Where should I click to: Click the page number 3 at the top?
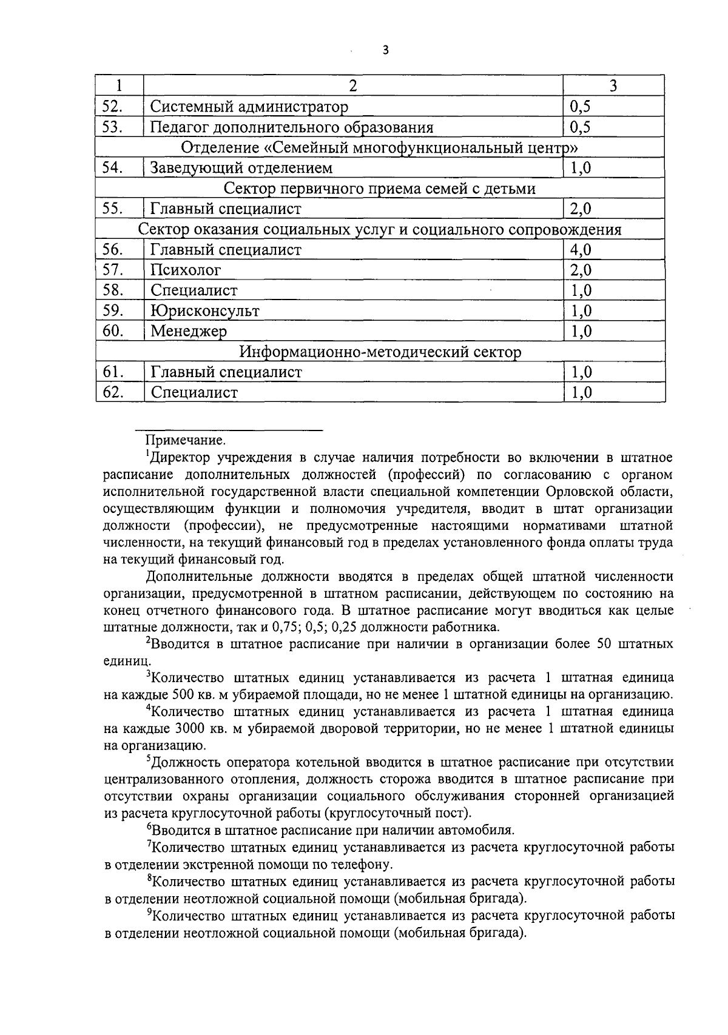(x=385, y=51)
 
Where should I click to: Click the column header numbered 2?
(x=353, y=85)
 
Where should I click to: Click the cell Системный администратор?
(x=249, y=107)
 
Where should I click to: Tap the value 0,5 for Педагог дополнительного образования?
(x=580, y=127)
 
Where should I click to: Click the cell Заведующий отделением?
(x=241, y=168)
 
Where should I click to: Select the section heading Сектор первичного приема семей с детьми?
(x=380, y=189)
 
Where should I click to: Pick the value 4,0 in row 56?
(x=580, y=250)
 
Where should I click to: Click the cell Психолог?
(x=186, y=270)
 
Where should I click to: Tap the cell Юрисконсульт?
(x=204, y=311)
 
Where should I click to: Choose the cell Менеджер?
(x=189, y=332)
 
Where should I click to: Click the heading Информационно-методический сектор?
(x=380, y=352)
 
